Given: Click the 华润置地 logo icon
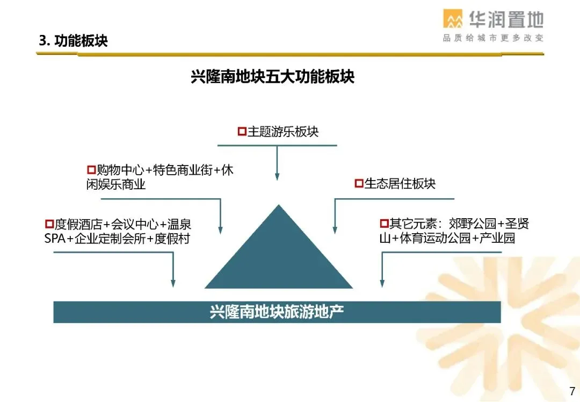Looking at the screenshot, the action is [x=453, y=19].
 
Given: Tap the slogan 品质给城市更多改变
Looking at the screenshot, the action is [x=493, y=38].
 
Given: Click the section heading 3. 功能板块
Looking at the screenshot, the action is [x=73, y=41].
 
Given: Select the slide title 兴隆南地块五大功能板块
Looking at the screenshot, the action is [x=273, y=76].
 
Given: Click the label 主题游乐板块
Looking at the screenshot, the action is [x=282, y=132].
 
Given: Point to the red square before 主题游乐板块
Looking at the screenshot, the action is [x=242, y=132].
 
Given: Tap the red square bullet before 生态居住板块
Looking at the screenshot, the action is [x=359, y=184].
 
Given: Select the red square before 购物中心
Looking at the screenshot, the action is [x=91, y=170].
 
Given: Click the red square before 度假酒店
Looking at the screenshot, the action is [x=49, y=224].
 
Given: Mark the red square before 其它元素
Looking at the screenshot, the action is [x=384, y=224].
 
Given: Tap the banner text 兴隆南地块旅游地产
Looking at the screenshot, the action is [x=277, y=312].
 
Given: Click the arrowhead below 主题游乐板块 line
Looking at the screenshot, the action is [x=277, y=176].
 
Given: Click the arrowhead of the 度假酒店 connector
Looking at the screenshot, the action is [x=173, y=283].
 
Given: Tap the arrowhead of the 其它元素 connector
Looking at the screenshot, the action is [x=382, y=283].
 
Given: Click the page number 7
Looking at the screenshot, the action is [x=572, y=391].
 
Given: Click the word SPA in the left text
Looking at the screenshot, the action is [x=55, y=238].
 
